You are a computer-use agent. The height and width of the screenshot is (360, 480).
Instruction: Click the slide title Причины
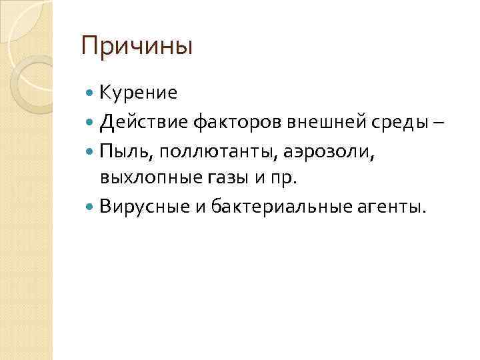[x=136, y=47]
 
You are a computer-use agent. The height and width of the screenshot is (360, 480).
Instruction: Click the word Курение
[x=139, y=93]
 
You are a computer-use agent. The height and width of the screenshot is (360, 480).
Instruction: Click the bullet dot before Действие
[x=91, y=123]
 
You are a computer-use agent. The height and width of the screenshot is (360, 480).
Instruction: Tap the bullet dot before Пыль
[x=91, y=152]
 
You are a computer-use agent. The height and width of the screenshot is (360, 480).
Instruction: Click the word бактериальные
[x=279, y=207]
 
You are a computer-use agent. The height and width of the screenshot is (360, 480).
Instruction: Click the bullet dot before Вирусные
[x=91, y=207]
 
